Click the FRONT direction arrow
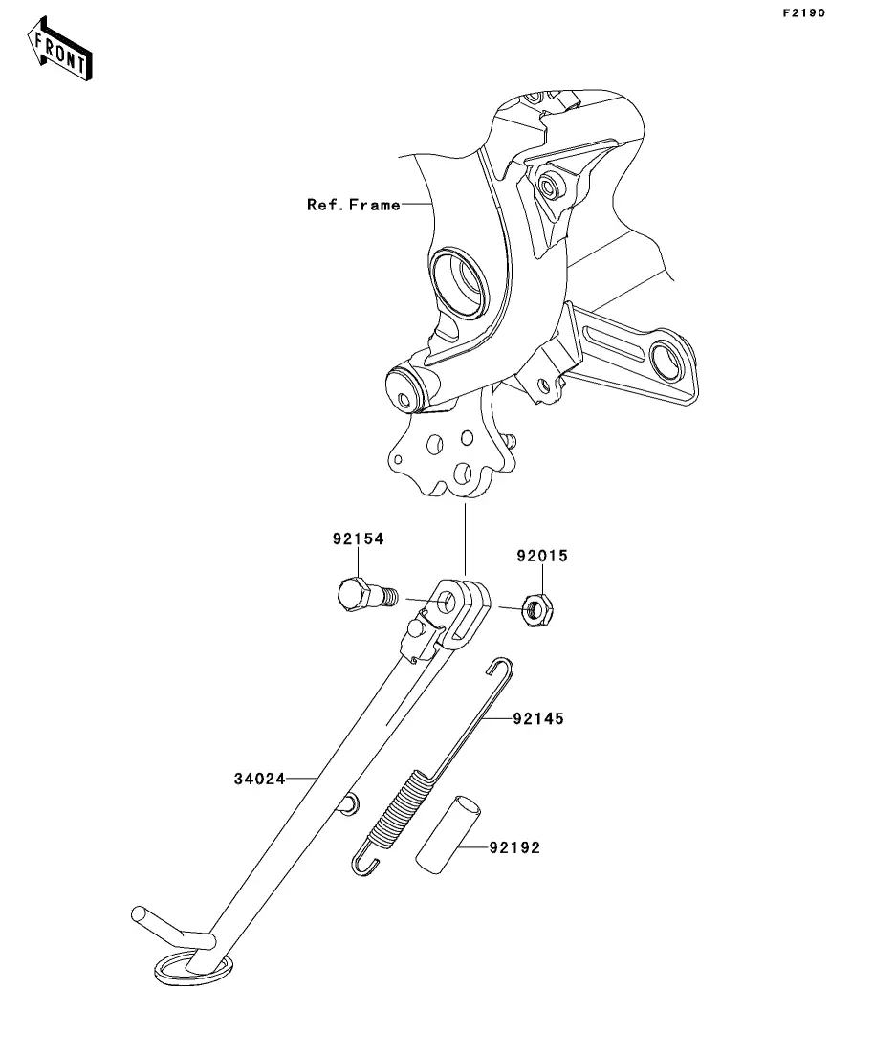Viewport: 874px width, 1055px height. click(60, 49)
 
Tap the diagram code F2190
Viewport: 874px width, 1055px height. click(803, 12)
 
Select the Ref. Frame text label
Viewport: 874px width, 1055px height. click(353, 205)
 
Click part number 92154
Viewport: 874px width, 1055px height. click(358, 538)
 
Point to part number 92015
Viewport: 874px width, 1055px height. click(542, 556)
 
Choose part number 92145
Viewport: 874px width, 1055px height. click(538, 718)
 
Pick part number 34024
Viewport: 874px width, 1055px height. click(260, 779)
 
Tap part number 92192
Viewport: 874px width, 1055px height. click(514, 847)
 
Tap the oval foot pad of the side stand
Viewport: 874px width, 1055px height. click(194, 967)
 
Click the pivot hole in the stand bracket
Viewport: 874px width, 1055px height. click(447, 602)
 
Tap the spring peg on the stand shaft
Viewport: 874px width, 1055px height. click(349, 803)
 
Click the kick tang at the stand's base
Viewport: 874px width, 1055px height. click(171, 926)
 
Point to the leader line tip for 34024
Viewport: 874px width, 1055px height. click(318, 779)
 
